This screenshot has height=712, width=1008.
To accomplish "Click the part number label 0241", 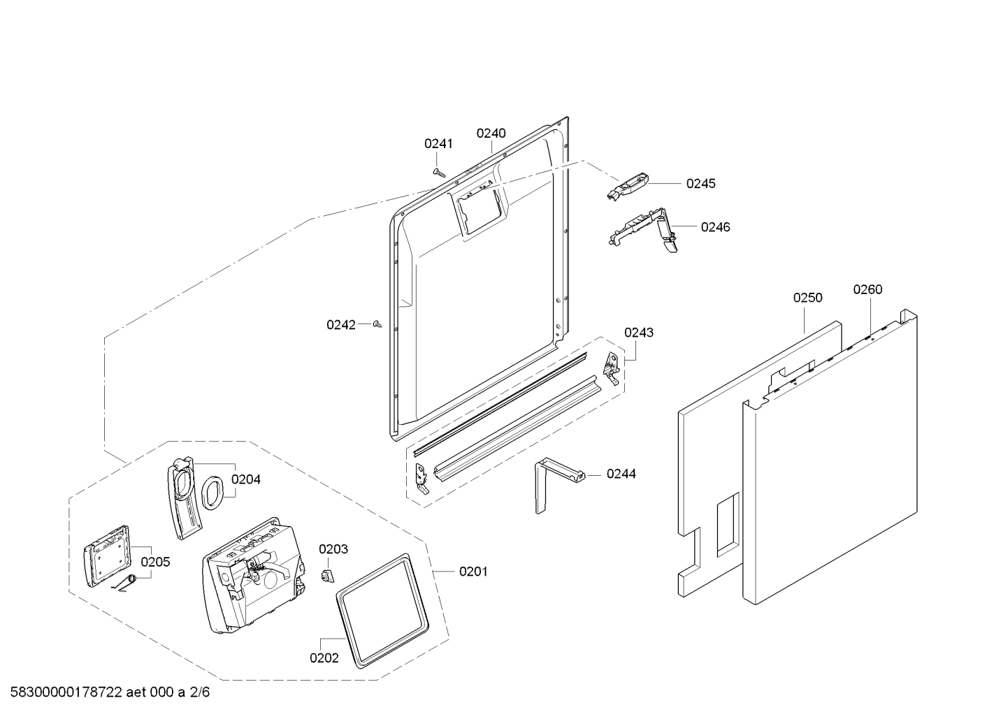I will [x=438, y=144].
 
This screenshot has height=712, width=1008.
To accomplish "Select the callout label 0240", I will [x=491, y=133].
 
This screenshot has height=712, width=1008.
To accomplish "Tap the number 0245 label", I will [x=700, y=184].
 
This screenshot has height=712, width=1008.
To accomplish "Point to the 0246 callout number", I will [x=715, y=227].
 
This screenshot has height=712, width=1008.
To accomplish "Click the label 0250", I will [x=807, y=298].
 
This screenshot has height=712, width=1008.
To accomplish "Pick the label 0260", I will [x=867, y=289].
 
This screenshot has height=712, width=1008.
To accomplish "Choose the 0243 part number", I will [x=639, y=333].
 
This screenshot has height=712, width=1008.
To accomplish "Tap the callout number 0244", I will [x=621, y=474].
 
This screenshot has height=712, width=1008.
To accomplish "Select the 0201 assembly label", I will [x=473, y=572].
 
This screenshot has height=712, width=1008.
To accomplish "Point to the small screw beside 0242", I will [x=378, y=324].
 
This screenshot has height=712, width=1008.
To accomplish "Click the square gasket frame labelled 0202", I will [x=382, y=607].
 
